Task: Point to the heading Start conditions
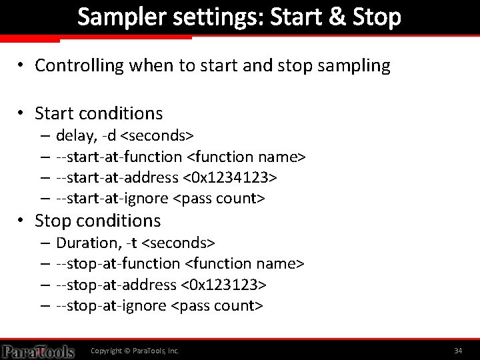[99, 113]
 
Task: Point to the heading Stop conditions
[97, 221]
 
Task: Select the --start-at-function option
[119, 157]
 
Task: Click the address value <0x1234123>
[229, 178]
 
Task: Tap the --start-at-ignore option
[113, 199]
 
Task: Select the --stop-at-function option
[118, 264]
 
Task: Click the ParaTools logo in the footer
[37, 350]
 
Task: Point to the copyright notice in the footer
[135, 350]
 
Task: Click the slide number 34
[458, 350]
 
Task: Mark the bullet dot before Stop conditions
[22, 221]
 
